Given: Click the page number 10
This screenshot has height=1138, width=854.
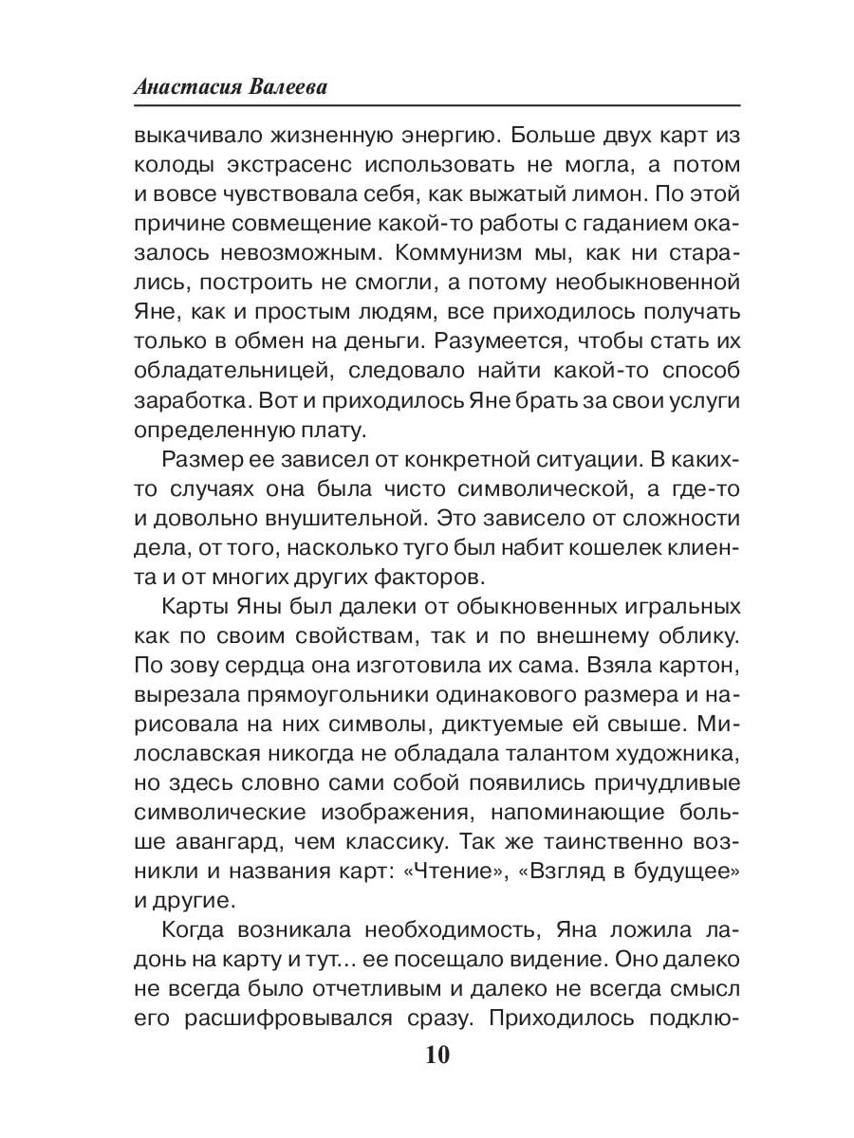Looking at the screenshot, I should tap(427, 1055).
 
